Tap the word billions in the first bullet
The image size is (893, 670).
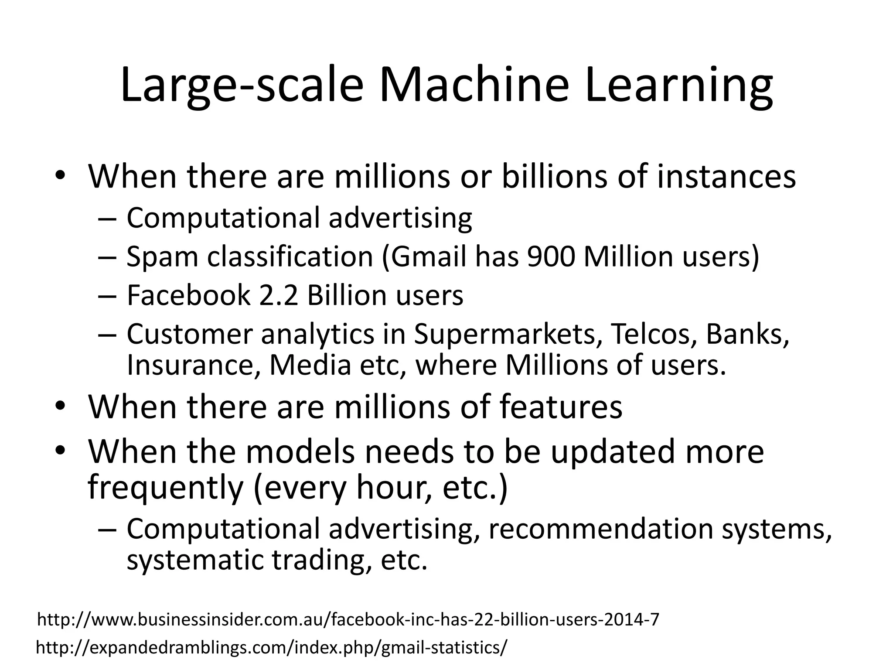[x=554, y=176]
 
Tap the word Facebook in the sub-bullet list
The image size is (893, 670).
[x=188, y=295]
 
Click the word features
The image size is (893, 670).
[x=561, y=407]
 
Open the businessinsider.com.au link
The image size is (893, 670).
[x=348, y=619]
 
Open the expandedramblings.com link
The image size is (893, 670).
[x=272, y=648]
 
